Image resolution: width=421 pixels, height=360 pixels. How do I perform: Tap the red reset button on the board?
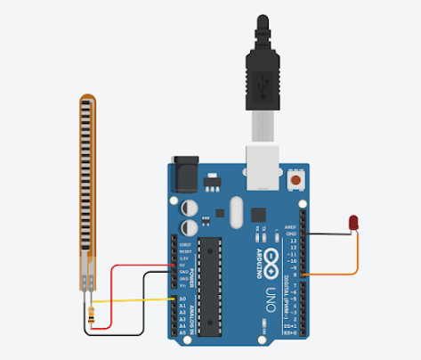point(296,182)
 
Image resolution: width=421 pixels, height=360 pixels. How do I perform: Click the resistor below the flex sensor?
point(91,313)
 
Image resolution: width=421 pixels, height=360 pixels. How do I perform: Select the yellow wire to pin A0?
point(134,299)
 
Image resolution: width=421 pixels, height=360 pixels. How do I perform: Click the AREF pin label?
point(290,227)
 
